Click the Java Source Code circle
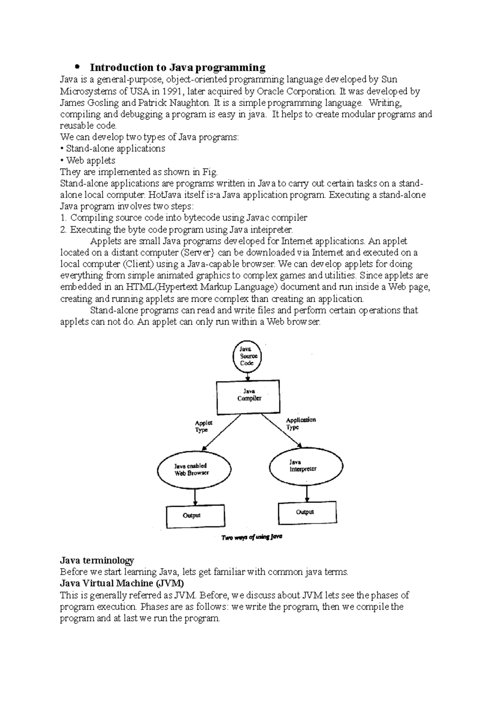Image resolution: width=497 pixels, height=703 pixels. click(248, 356)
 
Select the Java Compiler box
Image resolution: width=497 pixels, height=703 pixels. click(248, 398)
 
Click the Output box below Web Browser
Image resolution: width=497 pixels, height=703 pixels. click(195, 516)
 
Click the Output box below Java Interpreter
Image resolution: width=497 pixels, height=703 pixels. click(307, 513)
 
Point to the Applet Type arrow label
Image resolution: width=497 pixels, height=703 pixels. click(203, 426)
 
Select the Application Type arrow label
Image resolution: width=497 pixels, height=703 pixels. click(301, 423)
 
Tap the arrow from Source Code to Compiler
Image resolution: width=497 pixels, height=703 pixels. click(248, 376)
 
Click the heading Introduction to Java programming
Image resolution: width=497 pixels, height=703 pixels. click(178, 67)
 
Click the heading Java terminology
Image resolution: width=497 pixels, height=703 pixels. click(97, 561)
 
